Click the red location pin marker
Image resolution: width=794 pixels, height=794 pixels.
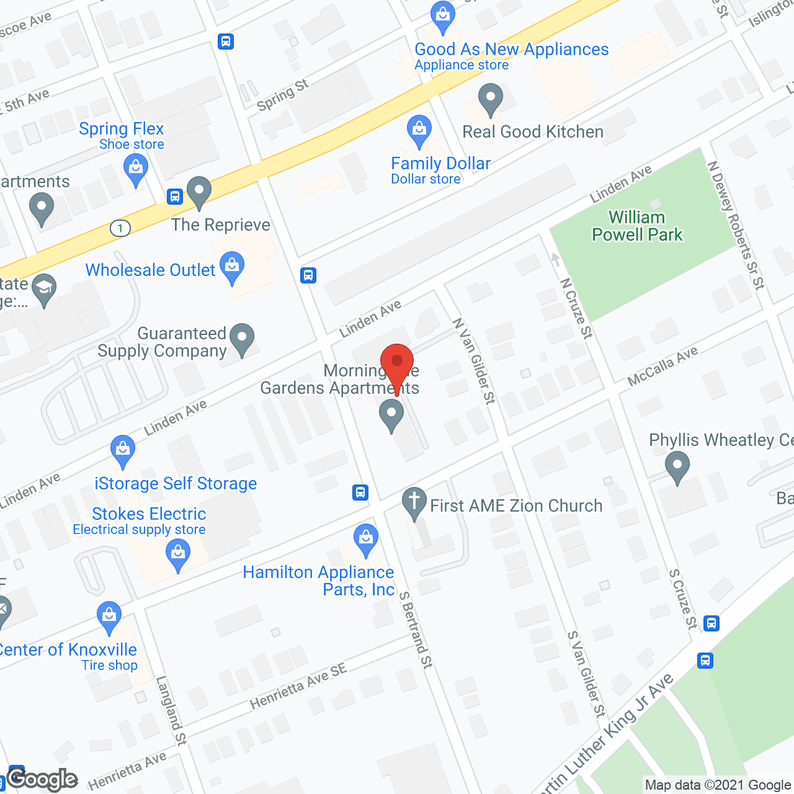click(x=396, y=363)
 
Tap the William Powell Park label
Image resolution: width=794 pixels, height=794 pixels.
click(x=636, y=226)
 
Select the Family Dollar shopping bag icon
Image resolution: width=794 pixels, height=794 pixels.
click(x=419, y=130)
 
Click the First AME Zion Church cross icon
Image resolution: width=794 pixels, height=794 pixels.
click(x=414, y=501)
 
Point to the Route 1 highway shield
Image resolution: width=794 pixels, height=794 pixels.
click(x=120, y=228)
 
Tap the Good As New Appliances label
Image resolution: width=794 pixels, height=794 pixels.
click(x=511, y=50)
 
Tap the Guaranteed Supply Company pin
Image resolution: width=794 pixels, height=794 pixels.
click(x=242, y=339)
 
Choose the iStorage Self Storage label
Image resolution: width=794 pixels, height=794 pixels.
click(x=176, y=483)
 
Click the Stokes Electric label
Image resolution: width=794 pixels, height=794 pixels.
click(x=149, y=514)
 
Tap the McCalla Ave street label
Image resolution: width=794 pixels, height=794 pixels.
click(x=662, y=366)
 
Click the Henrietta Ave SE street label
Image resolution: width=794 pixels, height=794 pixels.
click(x=298, y=686)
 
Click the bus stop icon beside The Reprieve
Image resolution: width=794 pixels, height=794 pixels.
click(x=175, y=197)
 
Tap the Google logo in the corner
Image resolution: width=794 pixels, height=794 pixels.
click(x=42, y=779)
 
